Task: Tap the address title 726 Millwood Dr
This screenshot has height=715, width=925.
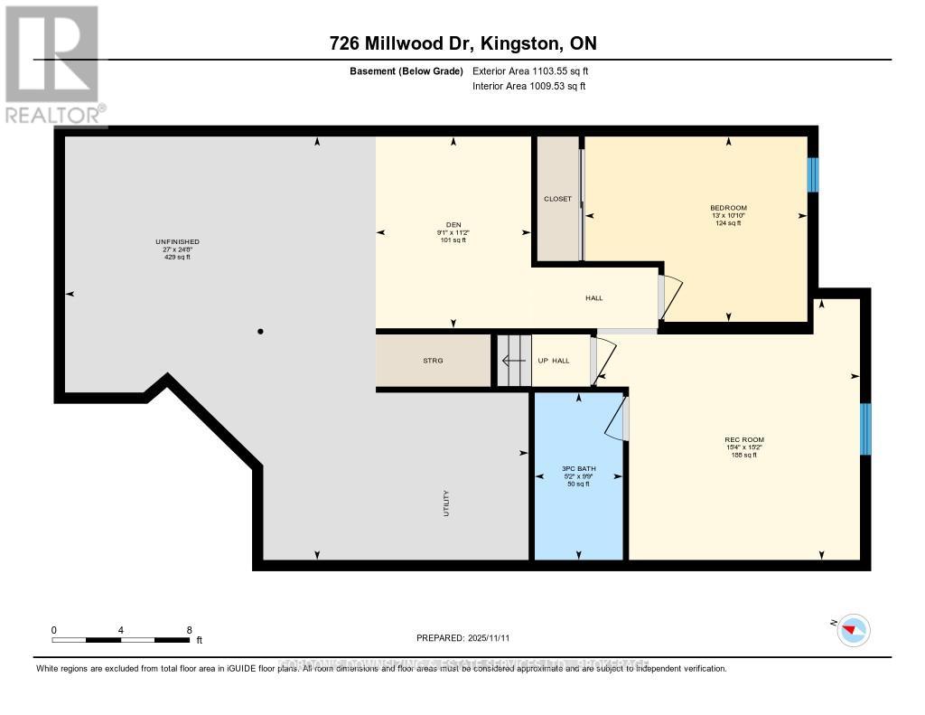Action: point(462,43)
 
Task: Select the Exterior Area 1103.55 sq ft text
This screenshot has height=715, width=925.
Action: point(530,71)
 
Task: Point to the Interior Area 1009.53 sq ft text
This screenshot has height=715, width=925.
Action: point(529,86)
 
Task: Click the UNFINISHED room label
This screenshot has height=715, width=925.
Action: point(177,249)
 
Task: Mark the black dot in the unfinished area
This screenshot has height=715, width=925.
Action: point(260,332)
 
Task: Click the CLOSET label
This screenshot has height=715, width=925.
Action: point(557,199)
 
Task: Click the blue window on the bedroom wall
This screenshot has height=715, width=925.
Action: point(812,175)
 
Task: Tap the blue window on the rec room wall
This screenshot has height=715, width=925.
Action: point(864,428)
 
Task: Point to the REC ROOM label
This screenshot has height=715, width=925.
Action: point(744,447)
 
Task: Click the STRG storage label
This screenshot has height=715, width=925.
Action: point(434,361)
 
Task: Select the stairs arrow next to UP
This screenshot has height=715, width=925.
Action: point(514,361)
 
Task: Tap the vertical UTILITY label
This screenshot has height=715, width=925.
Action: point(445,503)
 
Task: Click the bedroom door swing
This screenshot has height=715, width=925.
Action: point(670,297)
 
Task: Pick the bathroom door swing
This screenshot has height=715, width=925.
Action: point(616,419)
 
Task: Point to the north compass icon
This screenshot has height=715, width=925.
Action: point(852,629)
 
